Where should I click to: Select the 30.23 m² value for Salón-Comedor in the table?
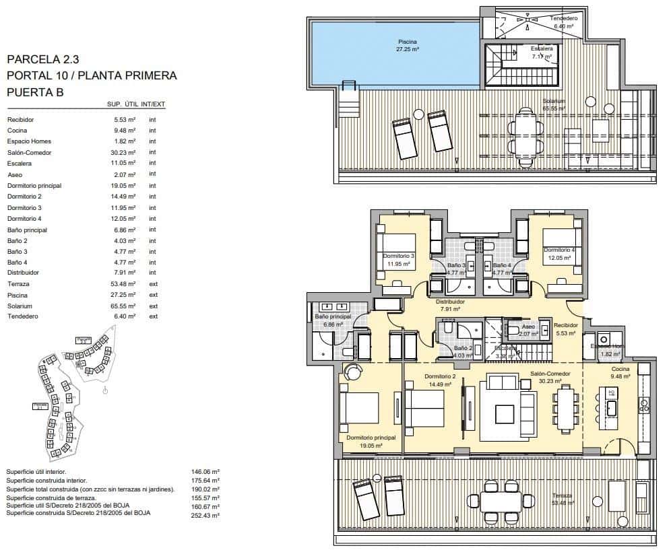(125, 152)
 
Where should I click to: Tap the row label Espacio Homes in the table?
(29, 141)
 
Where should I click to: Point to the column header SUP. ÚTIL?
(123, 104)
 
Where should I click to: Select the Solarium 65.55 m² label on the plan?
(554, 104)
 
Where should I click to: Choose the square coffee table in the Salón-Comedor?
(505, 413)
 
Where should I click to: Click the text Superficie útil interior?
(36, 472)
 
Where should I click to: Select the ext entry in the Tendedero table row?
(153, 316)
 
